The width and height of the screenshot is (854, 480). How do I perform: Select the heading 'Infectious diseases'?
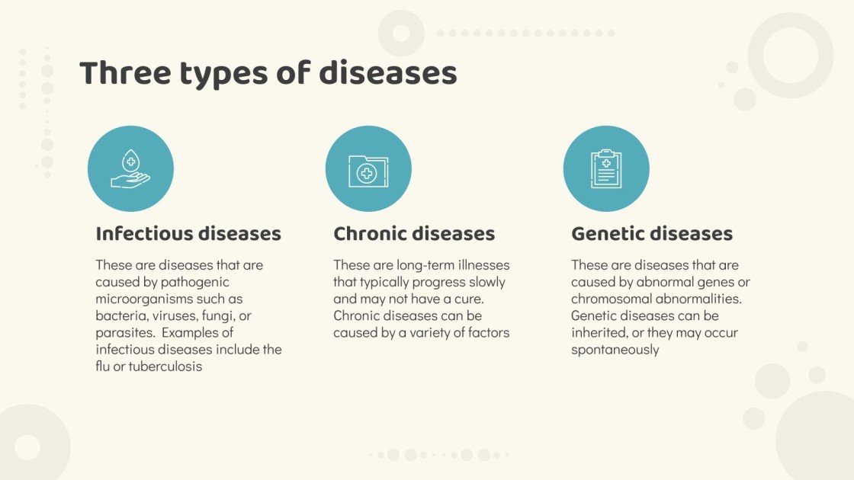point(188,234)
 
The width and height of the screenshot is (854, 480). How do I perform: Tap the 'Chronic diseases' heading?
point(414,234)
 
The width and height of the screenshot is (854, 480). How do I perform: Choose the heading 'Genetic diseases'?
point(652,234)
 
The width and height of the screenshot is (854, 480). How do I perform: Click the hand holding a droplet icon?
point(130,169)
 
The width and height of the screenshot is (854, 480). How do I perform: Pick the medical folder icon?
point(368,170)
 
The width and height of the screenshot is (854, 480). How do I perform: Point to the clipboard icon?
point(606,169)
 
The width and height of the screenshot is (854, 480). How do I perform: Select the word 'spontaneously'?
point(615,350)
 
